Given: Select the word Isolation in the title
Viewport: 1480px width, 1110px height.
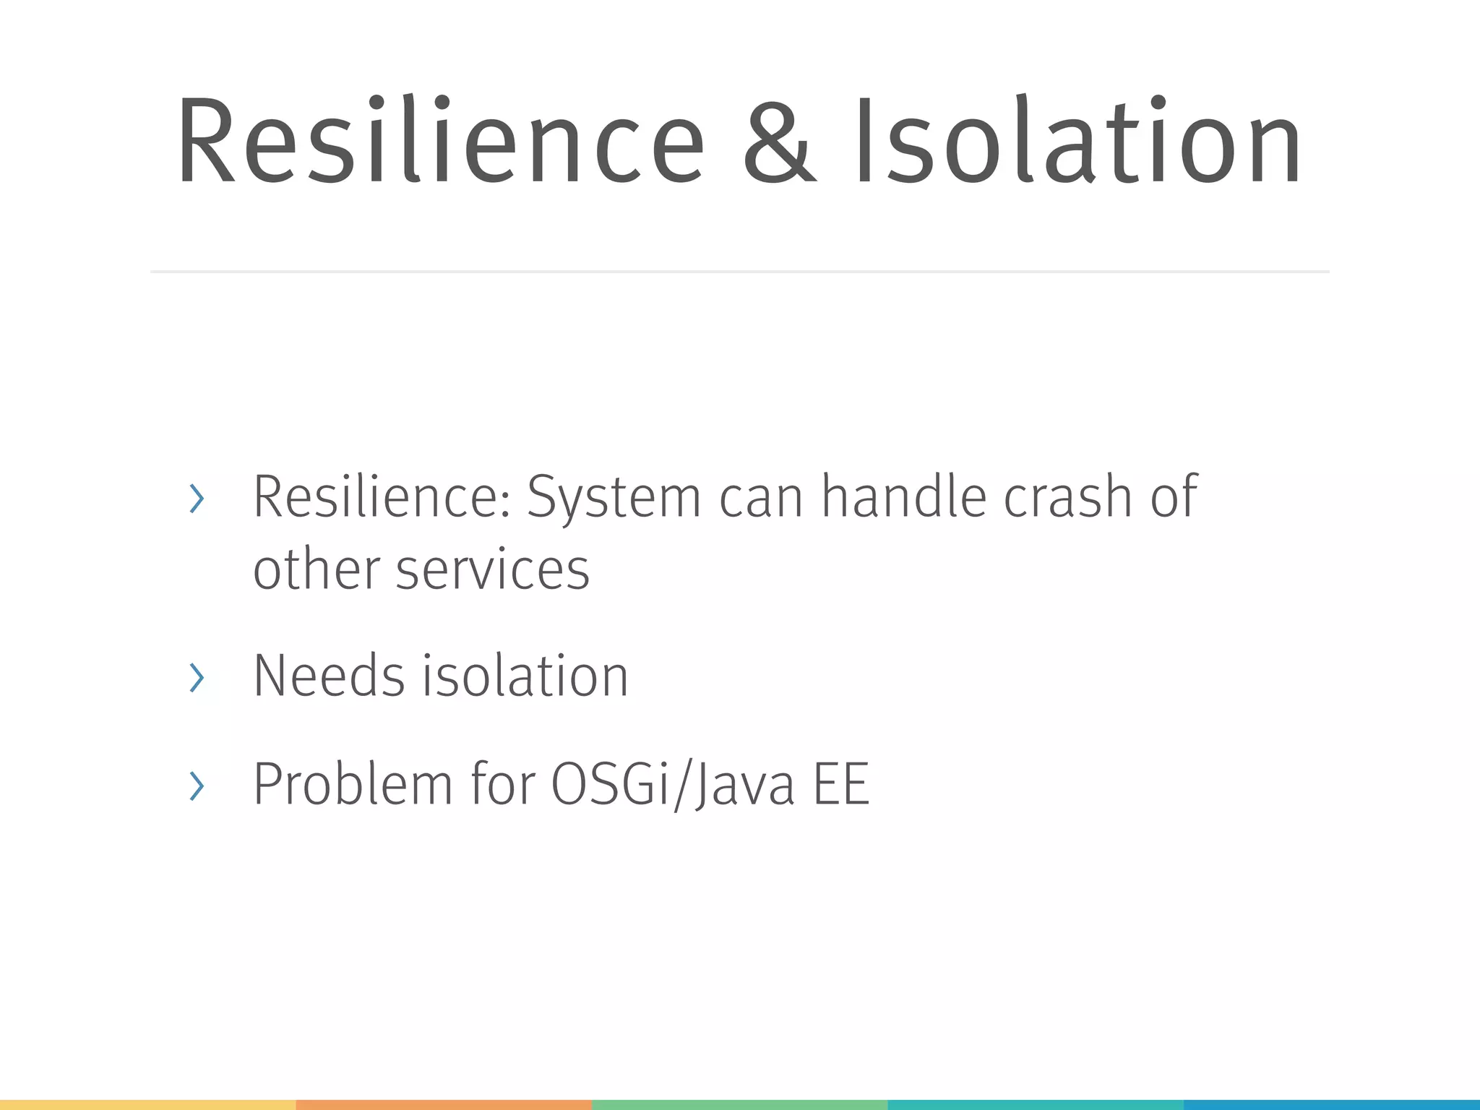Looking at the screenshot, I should pyautogui.click(x=1077, y=142).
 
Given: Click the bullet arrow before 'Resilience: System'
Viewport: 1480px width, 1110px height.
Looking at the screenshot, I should pyautogui.click(x=197, y=499).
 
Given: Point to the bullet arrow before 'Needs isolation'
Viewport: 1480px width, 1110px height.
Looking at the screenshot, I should pyautogui.click(x=197, y=677).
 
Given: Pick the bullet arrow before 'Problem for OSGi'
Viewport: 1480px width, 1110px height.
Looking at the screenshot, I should pyautogui.click(x=197, y=786).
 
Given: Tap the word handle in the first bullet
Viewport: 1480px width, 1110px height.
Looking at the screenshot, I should pyautogui.click(x=903, y=497).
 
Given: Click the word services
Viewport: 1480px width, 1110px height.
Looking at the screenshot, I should pyautogui.click(x=493, y=569).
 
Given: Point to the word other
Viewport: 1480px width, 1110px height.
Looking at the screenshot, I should pyautogui.click(x=316, y=569).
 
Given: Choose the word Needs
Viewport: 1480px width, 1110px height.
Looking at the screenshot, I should pyautogui.click(x=329, y=676).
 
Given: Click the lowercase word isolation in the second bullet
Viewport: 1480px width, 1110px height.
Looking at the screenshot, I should pyautogui.click(x=525, y=676).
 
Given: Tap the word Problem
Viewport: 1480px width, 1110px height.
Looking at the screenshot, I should pyautogui.click(x=353, y=785).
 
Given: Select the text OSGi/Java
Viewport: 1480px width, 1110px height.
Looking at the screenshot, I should pyautogui.click(x=673, y=785).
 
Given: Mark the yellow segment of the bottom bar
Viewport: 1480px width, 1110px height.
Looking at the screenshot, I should pyautogui.click(x=147, y=1104).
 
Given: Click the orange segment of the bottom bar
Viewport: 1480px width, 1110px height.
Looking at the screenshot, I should pyautogui.click(x=444, y=1104).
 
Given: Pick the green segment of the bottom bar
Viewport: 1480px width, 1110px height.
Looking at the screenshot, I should pyautogui.click(x=739, y=1104).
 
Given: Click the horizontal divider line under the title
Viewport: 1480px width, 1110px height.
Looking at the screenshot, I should pyautogui.click(x=739, y=272).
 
